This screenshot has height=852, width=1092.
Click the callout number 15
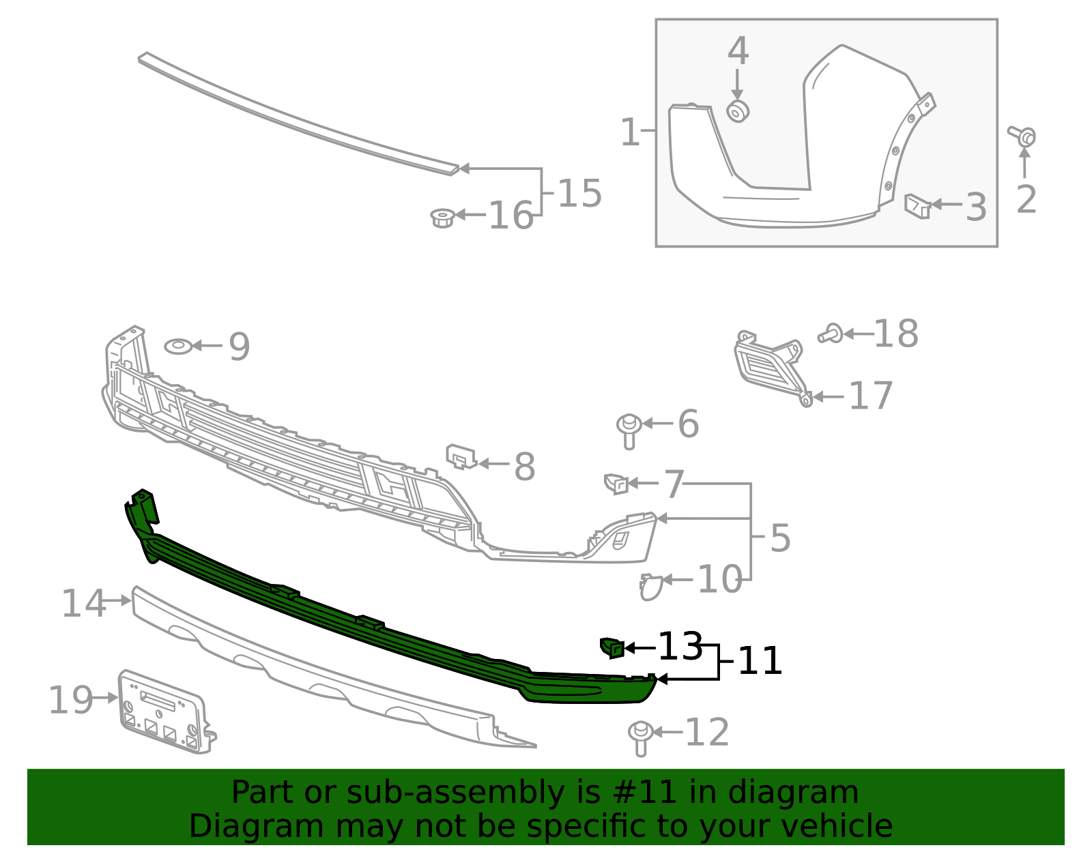(x=579, y=194)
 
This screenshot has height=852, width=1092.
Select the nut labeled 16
(x=442, y=218)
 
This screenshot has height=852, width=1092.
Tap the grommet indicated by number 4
(x=738, y=111)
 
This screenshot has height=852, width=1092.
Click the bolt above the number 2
(x=1023, y=136)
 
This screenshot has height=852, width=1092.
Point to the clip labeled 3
(x=917, y=205)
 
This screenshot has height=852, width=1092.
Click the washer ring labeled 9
(x=178, y=347)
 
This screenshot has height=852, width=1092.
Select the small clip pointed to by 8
(x=460, y=456)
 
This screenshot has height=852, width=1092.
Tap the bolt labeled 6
(x=629, y=430)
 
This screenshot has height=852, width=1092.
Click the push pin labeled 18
(x=831, y=334)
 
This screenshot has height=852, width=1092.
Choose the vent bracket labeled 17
(x=768, y=365)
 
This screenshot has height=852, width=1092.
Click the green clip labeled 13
(x=612, y=647)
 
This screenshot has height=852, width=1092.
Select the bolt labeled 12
(x=640, y=737)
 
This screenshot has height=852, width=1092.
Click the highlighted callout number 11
(x=760, y=661)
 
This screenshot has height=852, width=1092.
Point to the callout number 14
(x=83, y=604)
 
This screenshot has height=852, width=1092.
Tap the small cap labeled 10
(x=650, y=587)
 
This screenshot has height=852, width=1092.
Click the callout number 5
(x=780, y=538)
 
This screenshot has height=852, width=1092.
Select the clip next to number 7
(x=616, y=483)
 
